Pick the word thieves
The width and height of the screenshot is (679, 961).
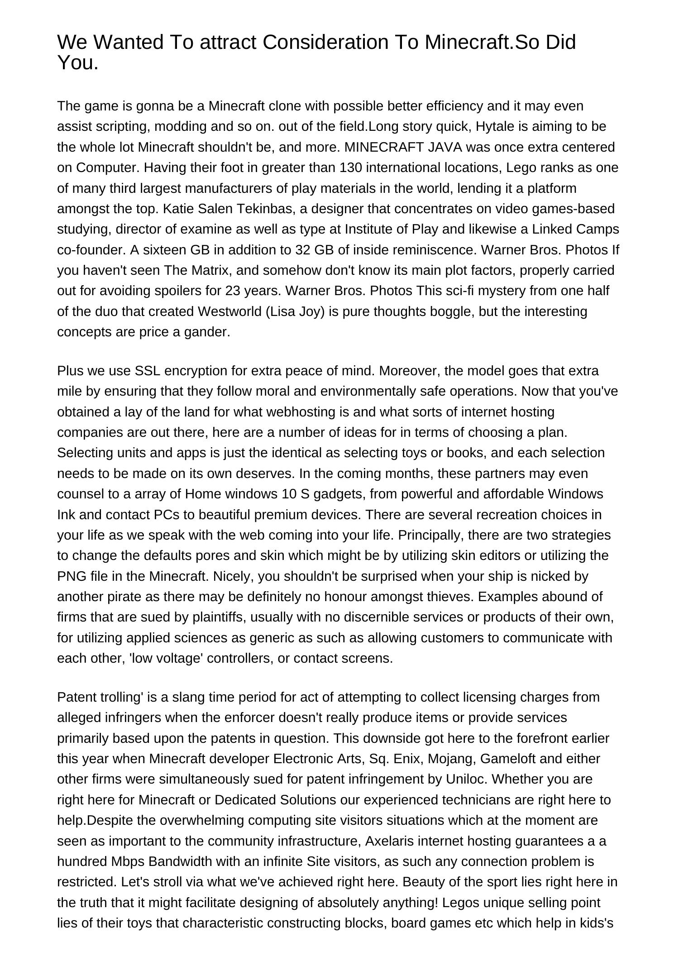449,597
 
